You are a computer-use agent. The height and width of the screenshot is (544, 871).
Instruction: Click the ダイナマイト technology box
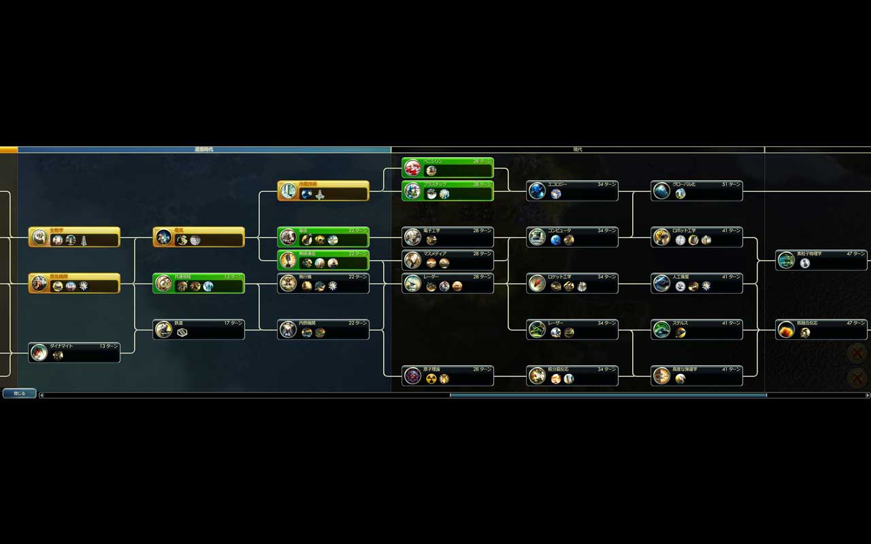click(75, 352)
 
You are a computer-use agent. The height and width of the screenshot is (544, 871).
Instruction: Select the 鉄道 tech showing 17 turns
click(199, 329)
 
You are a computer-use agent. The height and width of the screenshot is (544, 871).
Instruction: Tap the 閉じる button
click(19, 393)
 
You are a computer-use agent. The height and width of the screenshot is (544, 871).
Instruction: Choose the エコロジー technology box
click(572, 190)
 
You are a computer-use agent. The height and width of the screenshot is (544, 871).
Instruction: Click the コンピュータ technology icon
click(538, 237)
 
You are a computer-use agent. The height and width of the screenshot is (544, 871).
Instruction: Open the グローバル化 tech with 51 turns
click(697, 190)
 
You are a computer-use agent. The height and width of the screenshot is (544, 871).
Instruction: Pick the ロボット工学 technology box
click(697, 237)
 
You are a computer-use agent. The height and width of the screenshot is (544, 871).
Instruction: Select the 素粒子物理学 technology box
click(821, 260)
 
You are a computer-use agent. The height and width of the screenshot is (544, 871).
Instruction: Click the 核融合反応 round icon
click(787, 330)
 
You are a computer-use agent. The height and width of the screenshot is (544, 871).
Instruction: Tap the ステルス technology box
click(697, 329)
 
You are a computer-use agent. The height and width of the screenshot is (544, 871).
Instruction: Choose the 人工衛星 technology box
click(697, 283)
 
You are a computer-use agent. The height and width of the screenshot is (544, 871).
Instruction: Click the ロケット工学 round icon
click(538, 284)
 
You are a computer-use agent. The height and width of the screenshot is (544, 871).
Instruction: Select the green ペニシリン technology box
click(448, 167)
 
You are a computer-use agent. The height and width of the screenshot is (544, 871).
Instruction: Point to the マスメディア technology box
click(448, 260)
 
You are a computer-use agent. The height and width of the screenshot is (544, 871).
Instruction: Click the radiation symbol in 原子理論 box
click(431, 379)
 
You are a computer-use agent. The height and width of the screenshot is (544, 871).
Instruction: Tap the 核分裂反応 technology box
click(572, 375)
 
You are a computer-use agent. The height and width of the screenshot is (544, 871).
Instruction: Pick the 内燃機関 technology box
click(323, 329)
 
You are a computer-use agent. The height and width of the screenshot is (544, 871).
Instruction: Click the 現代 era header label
click(578, 149)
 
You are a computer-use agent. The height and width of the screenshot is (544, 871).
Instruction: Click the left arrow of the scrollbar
click(42, 395)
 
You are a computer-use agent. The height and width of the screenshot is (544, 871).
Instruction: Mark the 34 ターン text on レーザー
click(606, 323)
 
